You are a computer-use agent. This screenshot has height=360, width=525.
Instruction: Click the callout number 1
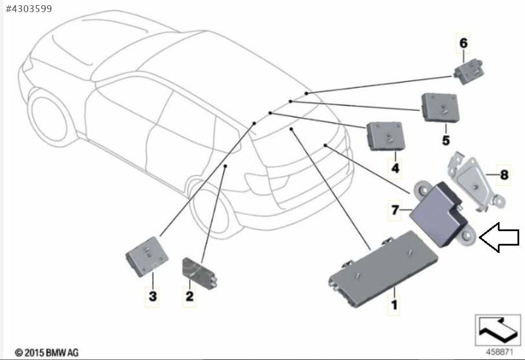point(394,305)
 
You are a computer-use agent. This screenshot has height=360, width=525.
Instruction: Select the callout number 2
point(189,296)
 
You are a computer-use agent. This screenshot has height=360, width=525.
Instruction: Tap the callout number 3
point(152,296)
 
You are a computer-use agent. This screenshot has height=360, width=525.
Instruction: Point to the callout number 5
point(446,140)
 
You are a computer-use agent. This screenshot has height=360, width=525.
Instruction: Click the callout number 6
point(463,43)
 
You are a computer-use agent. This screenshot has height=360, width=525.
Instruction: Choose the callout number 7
point(395,210)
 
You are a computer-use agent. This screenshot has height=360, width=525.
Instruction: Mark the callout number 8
point(504,175)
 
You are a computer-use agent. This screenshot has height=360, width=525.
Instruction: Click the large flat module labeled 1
point(383,269)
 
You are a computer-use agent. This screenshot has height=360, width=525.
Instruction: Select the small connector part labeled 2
point(199,273)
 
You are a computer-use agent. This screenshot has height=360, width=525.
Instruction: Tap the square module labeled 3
point(147,257)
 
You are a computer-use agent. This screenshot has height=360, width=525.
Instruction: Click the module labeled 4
point(386,136)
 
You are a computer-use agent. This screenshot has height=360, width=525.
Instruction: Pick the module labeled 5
point(440,107)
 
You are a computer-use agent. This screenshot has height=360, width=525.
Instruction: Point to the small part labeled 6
point(468,71)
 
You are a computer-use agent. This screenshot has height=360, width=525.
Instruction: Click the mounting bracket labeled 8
point(475,183)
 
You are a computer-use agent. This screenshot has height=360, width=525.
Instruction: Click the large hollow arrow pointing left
point(499,237)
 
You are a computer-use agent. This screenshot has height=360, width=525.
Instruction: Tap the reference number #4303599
point(29,9)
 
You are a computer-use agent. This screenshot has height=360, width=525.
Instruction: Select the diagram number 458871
point(499,352)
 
